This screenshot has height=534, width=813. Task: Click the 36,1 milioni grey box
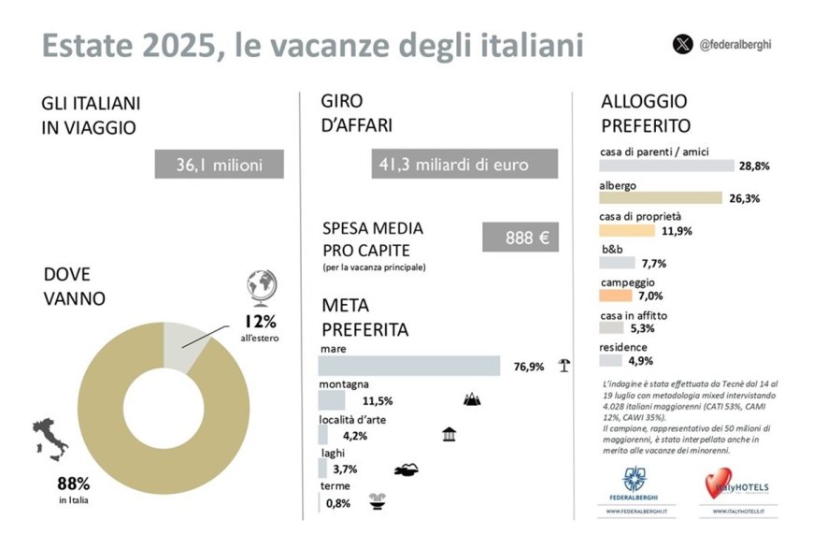point(219,164)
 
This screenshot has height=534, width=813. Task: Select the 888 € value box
point(521,238)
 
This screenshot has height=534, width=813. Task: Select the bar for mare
point(409,366)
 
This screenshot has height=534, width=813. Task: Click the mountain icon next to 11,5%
point(472,400)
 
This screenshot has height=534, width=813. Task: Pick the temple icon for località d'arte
point(449,435)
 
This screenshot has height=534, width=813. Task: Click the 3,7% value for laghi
point(345,469)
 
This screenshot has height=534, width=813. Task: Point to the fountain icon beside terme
point(378,499)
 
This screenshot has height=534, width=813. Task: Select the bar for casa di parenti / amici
point(666,166)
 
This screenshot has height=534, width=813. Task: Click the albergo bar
point(660,197)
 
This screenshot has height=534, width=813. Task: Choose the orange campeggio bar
point(619,296)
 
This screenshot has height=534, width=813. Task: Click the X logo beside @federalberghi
point(683,44)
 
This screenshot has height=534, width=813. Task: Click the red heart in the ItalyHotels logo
point(716,483)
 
